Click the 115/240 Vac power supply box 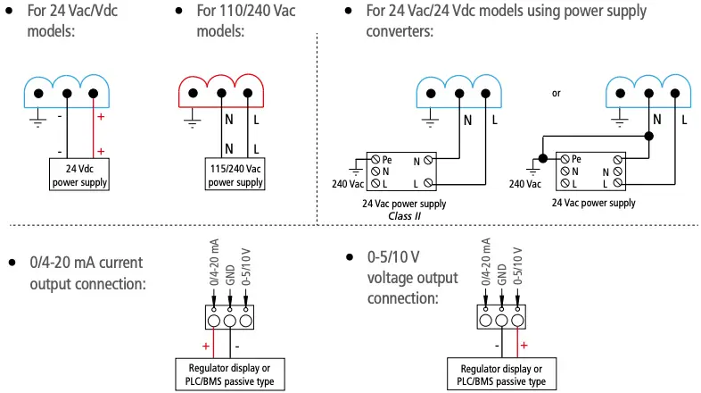pyautogui.click(x=235, y=174)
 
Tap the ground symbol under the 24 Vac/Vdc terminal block pyautogui.click(x=37, y=121)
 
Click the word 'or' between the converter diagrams pyautogui.click(x=558, y=93)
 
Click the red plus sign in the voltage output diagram pyautogui.click(x=524, y=344)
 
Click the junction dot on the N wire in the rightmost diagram pyautogui.click(x=649, y=136)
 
